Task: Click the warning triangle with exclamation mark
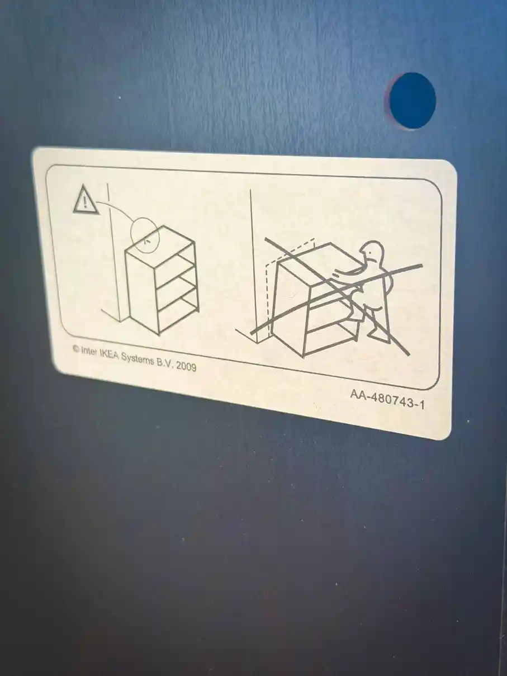[x=85, y=200]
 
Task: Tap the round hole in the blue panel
[x=413, y=101]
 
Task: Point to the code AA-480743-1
[x=387, y=399]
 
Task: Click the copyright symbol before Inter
[x=76, y=348]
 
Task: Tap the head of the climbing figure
[x=372, y=252]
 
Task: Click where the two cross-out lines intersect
[x=338, y=292]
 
